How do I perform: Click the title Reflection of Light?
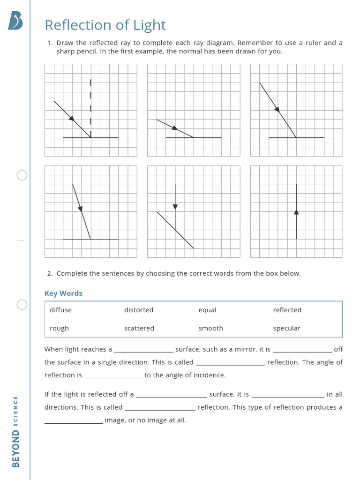click(105, 25)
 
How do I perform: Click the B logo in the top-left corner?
click(15, 21)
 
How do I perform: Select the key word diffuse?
click(60, 310)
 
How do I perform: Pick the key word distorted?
click(139, 310)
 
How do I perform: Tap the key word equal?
click(207, 310)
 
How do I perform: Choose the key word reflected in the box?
click(287, 310)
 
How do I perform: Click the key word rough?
click(59, 328)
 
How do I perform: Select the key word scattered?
click(139, 328)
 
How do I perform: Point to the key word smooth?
click(210, 328)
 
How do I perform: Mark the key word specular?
click(286, 328)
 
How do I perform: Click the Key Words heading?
click(63, 293)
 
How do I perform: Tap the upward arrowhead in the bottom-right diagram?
click(296, 212)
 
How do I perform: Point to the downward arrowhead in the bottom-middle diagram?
click(175, 206)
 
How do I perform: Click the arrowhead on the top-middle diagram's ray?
click(174, 127)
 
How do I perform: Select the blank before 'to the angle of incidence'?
click(113, 375)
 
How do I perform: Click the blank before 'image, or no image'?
click(74, 420)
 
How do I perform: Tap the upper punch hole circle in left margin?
click(22, 175)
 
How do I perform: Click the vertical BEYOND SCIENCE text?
click(16, 431)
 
